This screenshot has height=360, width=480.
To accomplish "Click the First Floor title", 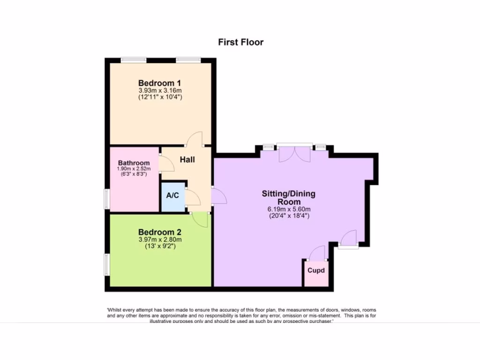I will pyautogui.click(x=241, y=42).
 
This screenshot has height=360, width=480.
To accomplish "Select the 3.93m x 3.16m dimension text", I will pyautogui.click(x=160, y=90).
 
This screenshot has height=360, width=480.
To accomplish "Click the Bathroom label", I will pyautogui.click(x=134, y=163).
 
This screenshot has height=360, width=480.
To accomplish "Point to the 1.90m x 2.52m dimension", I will pyautogui.click(x=134, y=168).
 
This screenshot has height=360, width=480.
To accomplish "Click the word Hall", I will pyautogui.click(x=187, y=159).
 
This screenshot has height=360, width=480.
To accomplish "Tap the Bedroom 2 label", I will pyautogui.click(x=160, y=232).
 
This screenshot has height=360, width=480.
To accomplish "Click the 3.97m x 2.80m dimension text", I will pyautogui.click(x=160, y=240).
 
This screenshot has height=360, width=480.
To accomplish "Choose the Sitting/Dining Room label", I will pyautogui.click(x=288, y=197).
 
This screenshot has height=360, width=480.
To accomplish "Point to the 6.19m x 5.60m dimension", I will pyautogui.click(x=288, y=209).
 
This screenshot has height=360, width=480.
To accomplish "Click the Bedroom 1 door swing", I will pyautogui.click(x=195, y=139).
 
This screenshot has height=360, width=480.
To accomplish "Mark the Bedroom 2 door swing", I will pyautogui.click(x=201, y=219).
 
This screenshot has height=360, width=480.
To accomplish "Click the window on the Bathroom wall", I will pyautogui.click(x=107, y=199).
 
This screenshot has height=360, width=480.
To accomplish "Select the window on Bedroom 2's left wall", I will pyautogui.click(x=107, y=264).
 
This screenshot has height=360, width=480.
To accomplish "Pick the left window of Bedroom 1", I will pyautogui.click(x=134, y=60).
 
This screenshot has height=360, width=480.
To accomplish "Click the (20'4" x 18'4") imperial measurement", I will pyautogui.click(x=288, y=216).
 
